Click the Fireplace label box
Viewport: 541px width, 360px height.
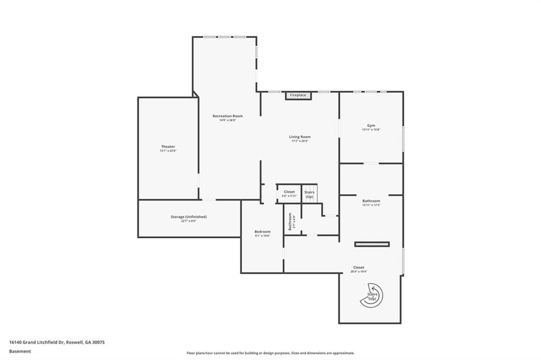pyautogui.click(x=298, y=95)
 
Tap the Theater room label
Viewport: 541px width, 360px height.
pyautogui.click(x=168, y=146)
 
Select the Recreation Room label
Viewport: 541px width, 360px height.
pyautogui.click(x=228, y=116)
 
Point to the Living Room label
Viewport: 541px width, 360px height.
pyautogui.click(x=300, y=137)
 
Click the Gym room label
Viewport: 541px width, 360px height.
pyautogui.click(x=371, y=125)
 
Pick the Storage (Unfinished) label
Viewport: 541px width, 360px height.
pyautogui.click(x=188, y=216)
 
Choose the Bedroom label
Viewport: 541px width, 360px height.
pyautogui.click(x=263, y=231)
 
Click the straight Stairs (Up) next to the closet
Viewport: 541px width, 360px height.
pyautogui.click(x=310, y=194)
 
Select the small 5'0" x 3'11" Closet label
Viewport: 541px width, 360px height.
pyautogui.click(x=289, y=192)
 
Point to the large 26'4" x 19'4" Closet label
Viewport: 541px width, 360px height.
pyautogui.click(x=359, y=267)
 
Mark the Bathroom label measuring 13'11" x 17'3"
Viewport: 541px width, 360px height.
pyautogui.click(x=371, y=201)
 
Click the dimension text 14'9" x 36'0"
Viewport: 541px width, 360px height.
pyautogui.click(x=228, y=120)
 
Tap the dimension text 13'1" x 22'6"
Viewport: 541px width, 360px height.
pyautogui.click(x=168, y=151)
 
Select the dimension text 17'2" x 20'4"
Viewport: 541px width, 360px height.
pyautogui.click(x=300, y=141)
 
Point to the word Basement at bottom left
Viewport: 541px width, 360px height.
pyautogui.click(x=20, y=350)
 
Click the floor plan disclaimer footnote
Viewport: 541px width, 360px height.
pyautogui.click(x=270, y=353)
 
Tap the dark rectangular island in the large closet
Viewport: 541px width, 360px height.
pyautogui.click(x=372, y=244)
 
